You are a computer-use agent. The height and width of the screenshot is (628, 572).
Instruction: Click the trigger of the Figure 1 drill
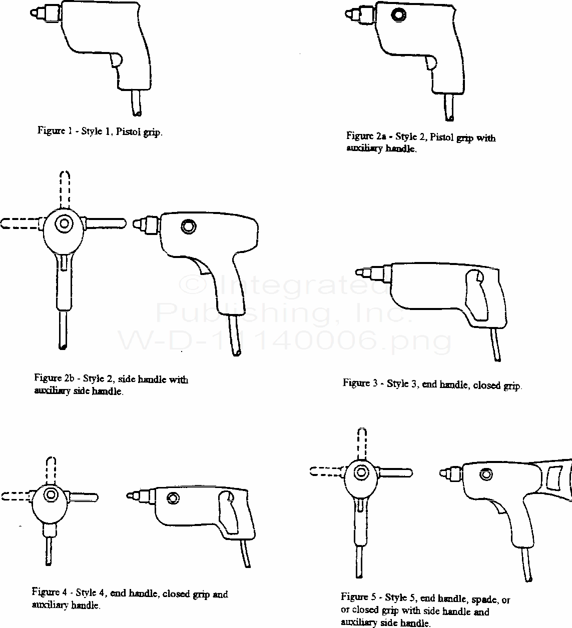point(116,60)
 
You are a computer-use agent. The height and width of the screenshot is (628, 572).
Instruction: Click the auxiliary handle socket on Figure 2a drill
point(399,14)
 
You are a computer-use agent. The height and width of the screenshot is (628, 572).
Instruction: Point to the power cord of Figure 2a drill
point(449,107)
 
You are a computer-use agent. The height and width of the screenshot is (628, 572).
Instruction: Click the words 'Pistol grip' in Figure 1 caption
point(139,132)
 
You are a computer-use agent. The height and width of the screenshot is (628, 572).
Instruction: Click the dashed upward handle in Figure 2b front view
point(65,189)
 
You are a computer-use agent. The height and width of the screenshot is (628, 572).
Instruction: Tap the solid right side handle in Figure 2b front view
point(105,223)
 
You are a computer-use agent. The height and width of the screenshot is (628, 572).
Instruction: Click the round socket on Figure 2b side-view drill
point(188,226)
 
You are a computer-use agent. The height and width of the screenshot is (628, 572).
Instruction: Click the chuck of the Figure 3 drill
point(373,272)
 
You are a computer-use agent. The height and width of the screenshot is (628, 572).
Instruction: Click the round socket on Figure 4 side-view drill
point(173,498)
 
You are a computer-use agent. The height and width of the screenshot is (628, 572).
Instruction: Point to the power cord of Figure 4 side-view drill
point(246,553)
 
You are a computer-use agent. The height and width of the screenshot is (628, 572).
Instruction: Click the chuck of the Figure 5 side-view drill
point(451,473)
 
